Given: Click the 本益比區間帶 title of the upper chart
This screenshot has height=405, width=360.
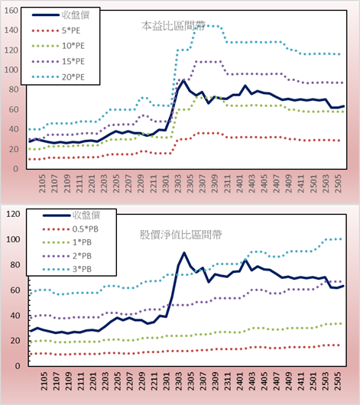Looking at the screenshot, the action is [x=174, y=26].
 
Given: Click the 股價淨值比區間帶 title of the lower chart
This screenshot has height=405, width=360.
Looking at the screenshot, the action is [x=180, y=235].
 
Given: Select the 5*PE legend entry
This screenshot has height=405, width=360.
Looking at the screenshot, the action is [x=56, y=31].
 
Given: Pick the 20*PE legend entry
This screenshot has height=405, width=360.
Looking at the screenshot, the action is [x=58, y=77].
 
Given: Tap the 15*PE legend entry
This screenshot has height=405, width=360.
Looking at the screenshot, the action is [x=58, y=61].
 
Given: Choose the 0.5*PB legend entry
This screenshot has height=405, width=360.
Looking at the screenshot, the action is [x=70, y=229].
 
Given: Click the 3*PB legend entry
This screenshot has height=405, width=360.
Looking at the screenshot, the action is [x=67, y=269].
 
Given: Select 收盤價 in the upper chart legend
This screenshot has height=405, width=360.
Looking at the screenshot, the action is [x=60, y=15].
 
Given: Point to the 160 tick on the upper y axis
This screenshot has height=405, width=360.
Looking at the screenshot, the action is [x=11, y=11].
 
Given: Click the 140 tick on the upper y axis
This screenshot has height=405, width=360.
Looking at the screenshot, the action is [x=11, y=31].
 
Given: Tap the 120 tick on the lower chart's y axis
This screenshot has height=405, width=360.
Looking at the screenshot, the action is [x=13, y=214].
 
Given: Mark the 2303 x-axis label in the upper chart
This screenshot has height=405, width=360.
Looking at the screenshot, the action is [x=178, y=183].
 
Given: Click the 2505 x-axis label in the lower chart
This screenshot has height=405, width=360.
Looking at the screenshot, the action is [x=338, y=381].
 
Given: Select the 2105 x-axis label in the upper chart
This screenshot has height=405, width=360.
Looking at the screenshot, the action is [x=42, y=183].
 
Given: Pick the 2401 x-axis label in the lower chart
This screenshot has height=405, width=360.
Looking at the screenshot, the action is [x=239, y=381].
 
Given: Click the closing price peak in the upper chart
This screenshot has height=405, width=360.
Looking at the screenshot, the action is [x=183, y=80].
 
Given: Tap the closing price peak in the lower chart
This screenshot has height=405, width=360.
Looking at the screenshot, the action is [x=184, y=253].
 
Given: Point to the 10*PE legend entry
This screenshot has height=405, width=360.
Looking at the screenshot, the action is [x=58, y=46].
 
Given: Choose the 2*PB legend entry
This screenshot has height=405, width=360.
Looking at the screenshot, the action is [x=67, y=256].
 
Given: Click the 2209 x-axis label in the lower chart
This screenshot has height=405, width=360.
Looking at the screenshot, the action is [x=141, y=381].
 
